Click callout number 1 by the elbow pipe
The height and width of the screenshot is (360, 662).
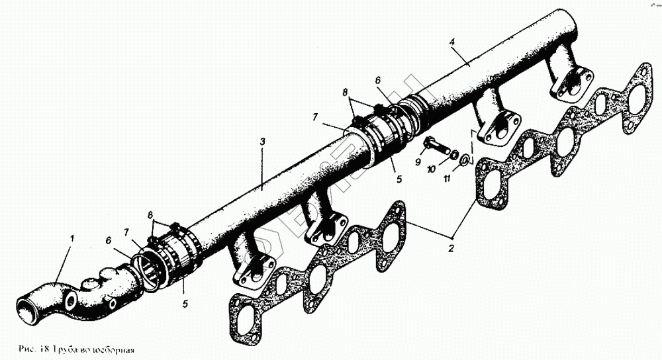73,238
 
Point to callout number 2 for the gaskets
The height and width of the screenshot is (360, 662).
451,249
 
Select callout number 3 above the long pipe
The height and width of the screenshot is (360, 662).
263,143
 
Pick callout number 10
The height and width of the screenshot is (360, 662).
431,169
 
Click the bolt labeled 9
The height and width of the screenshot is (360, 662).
432,143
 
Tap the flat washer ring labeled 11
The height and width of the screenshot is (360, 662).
465,159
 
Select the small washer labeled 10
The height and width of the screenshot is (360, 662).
453,154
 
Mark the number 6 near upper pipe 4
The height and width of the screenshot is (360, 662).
378,80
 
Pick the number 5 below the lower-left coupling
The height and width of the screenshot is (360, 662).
185,304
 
